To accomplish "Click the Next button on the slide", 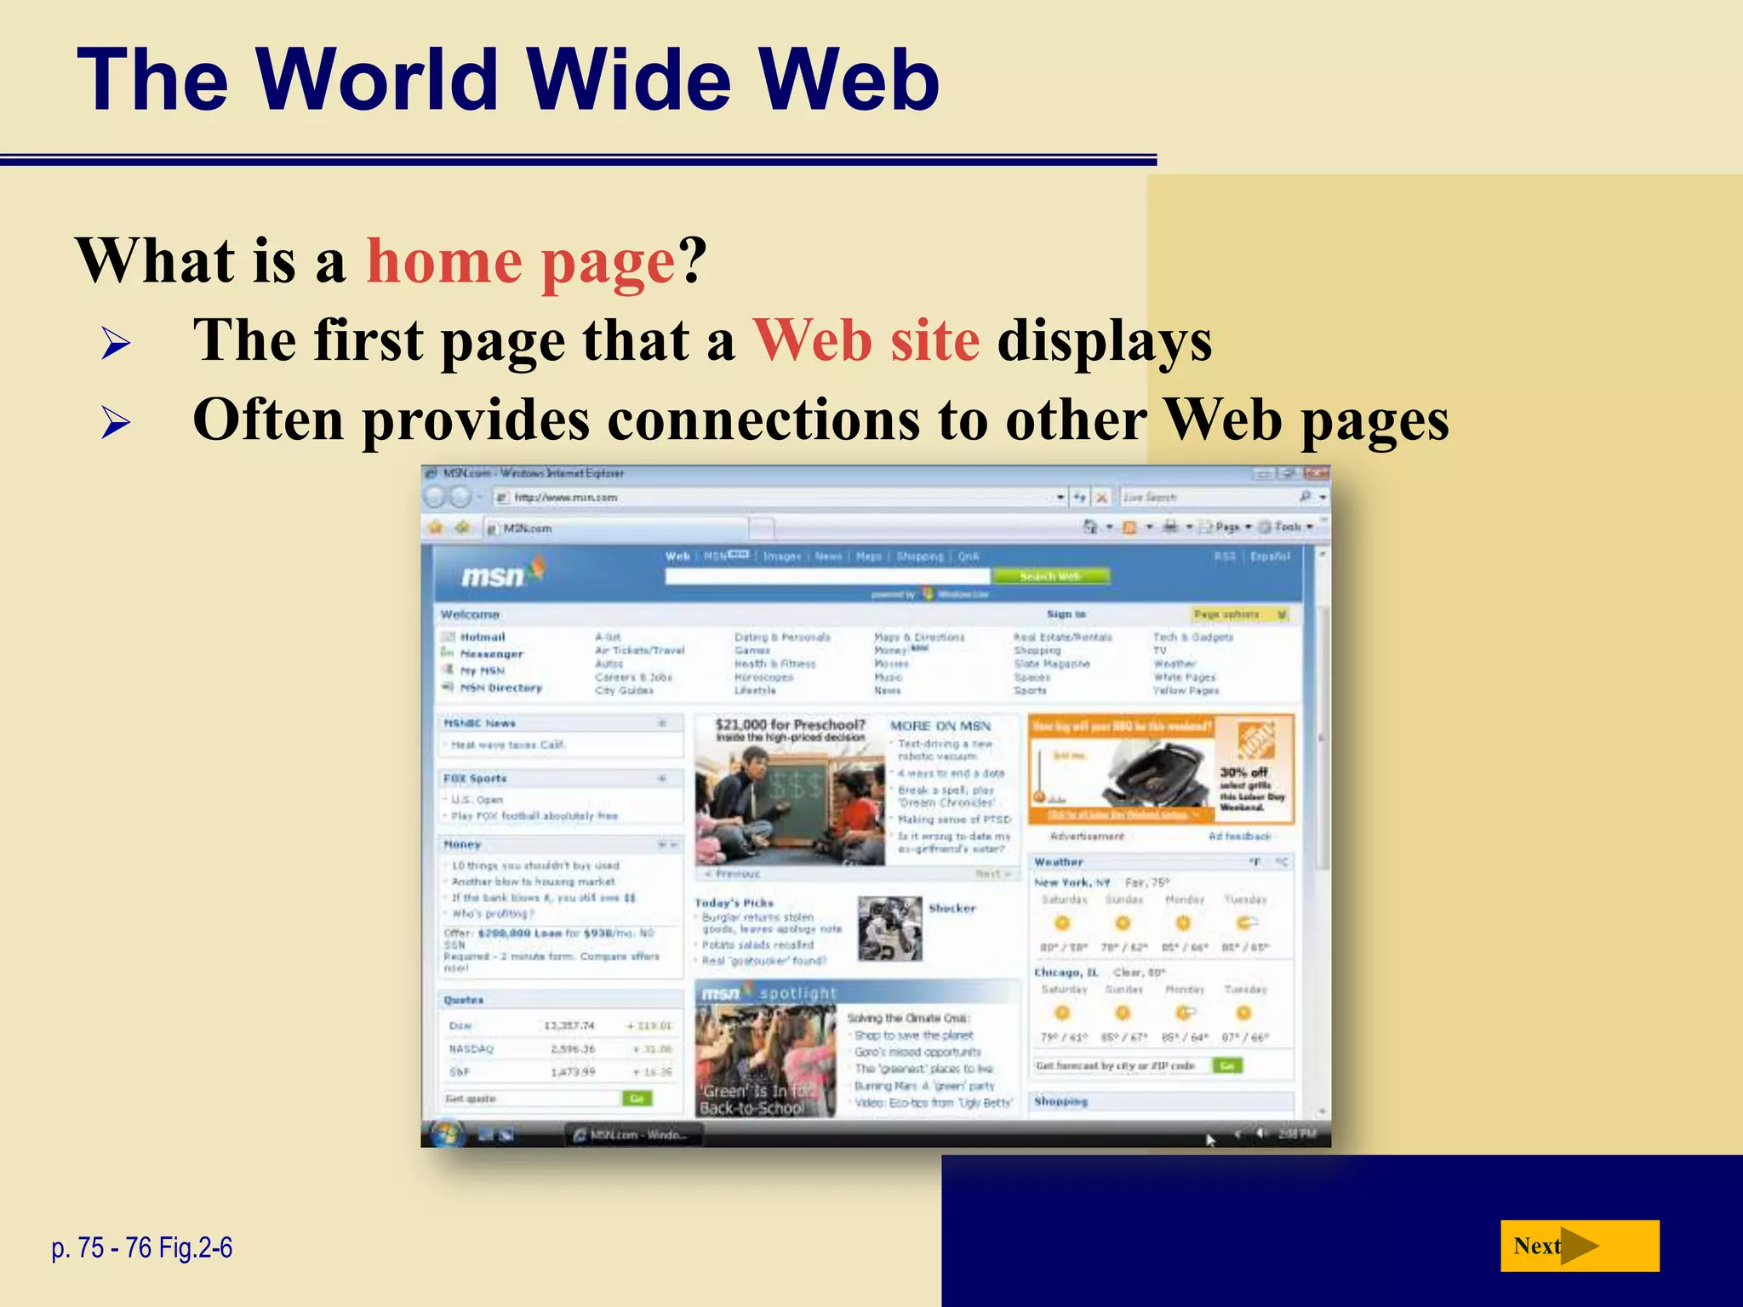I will pos(1579,1247).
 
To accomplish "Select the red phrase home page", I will pos(521,261).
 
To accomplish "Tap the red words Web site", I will pos(866,340).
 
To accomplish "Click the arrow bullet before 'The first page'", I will pos(116,344).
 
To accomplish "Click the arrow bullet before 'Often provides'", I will pos(116,423).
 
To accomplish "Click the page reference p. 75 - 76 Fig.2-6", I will pos(141,1248).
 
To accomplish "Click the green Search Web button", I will pos(1049,576).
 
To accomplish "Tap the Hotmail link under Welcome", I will pos(483,636).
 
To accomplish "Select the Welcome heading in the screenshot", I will pos(470,614).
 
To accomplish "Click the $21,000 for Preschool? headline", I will pos(790,724).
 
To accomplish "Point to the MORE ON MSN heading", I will pos(940,726).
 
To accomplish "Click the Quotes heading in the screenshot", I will pos(464,1000).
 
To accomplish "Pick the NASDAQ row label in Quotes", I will pos(471,1049).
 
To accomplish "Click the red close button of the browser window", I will pos(1315,473).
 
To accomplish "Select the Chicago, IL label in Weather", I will pos(1066,972).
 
